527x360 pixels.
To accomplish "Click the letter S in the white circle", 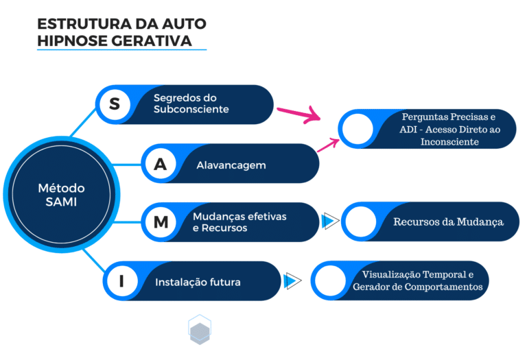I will [115, 104].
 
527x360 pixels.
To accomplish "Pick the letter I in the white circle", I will [121, 280].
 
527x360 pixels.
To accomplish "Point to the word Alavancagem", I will [231, 165].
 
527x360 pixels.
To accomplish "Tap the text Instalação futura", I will [198, 282].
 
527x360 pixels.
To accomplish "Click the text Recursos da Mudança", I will [448, 222].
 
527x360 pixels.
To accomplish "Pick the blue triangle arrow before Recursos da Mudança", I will [331, 221].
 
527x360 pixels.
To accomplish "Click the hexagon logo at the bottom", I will [199, 330].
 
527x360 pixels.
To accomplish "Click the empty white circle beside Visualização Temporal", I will [329, 280].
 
